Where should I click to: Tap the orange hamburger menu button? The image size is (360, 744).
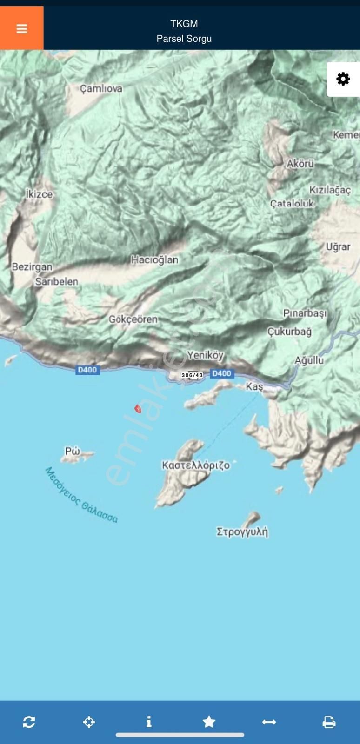pos(21,28)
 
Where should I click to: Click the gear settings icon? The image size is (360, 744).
pos(343,79)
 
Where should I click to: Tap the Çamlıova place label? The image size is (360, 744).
pos(101,88)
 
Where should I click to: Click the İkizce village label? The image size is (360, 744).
pos(39,194)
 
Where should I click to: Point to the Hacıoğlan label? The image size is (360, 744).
pos(154,259)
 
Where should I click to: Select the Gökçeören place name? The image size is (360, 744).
pos(133,319)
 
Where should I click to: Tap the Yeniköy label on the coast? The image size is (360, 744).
pos(205,355)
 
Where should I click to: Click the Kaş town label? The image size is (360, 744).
pos(254,386)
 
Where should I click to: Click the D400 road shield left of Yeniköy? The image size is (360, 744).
pos(87,370)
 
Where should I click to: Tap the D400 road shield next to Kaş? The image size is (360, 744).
pos(221,373)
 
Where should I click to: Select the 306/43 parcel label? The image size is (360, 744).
pos(192,375)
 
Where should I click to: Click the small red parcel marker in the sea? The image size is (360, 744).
pos(138,409)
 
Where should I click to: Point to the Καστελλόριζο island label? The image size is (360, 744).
pos(196,465)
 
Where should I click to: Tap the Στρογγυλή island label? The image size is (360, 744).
pos(242,531)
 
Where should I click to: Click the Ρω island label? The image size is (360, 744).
pos(73,451)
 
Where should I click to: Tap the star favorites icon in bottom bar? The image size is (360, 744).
pos(209,722)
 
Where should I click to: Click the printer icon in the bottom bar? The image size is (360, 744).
pos(329,722)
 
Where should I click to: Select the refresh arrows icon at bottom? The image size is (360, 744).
pos(29,722)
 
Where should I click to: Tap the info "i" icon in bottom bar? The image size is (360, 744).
pos(149,722)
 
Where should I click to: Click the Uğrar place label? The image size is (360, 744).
pos(338,246)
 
